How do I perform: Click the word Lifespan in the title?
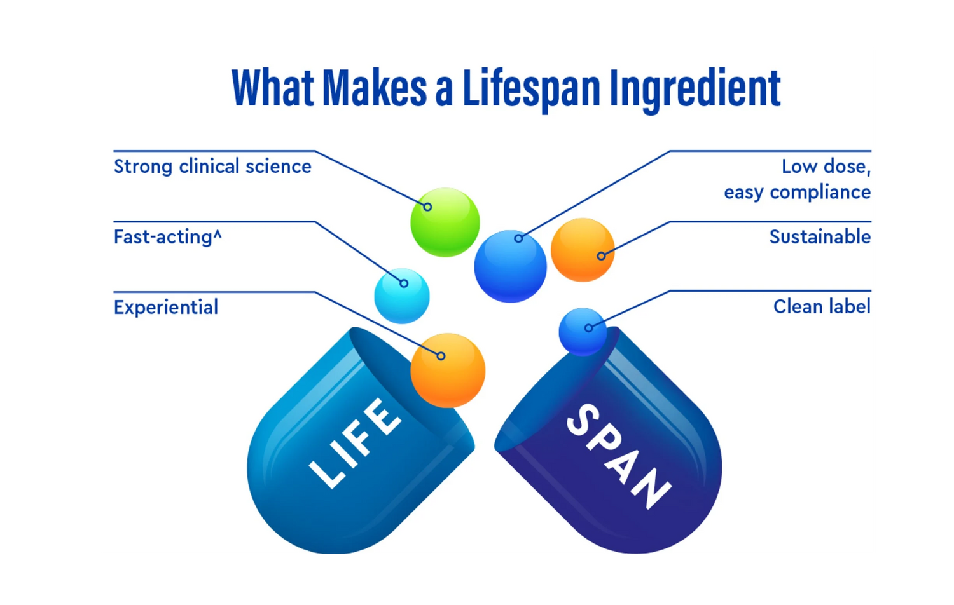[x=531, y=89]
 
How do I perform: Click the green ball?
[x=445, y=222]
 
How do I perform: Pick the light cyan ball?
[x=402, y=296]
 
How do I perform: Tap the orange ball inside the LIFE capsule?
[x=448, y=370]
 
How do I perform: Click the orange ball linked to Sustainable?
[x=583, y=250]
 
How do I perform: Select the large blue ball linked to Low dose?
[x=510, y=266]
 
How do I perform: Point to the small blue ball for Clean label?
[x=583, y=331]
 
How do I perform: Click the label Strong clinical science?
[x=212, y=167]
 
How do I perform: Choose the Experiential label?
[x=166, y=308]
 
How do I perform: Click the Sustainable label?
[x=820, y=237]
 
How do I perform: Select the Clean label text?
[x=822, y=307]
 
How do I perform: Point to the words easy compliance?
[x=797, y=192]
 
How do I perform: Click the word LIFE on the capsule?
[x=356, y=442]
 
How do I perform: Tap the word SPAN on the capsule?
[x=618, y=456]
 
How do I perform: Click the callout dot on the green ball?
[x=427, y=207]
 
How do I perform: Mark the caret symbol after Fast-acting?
[x=218, y=234]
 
